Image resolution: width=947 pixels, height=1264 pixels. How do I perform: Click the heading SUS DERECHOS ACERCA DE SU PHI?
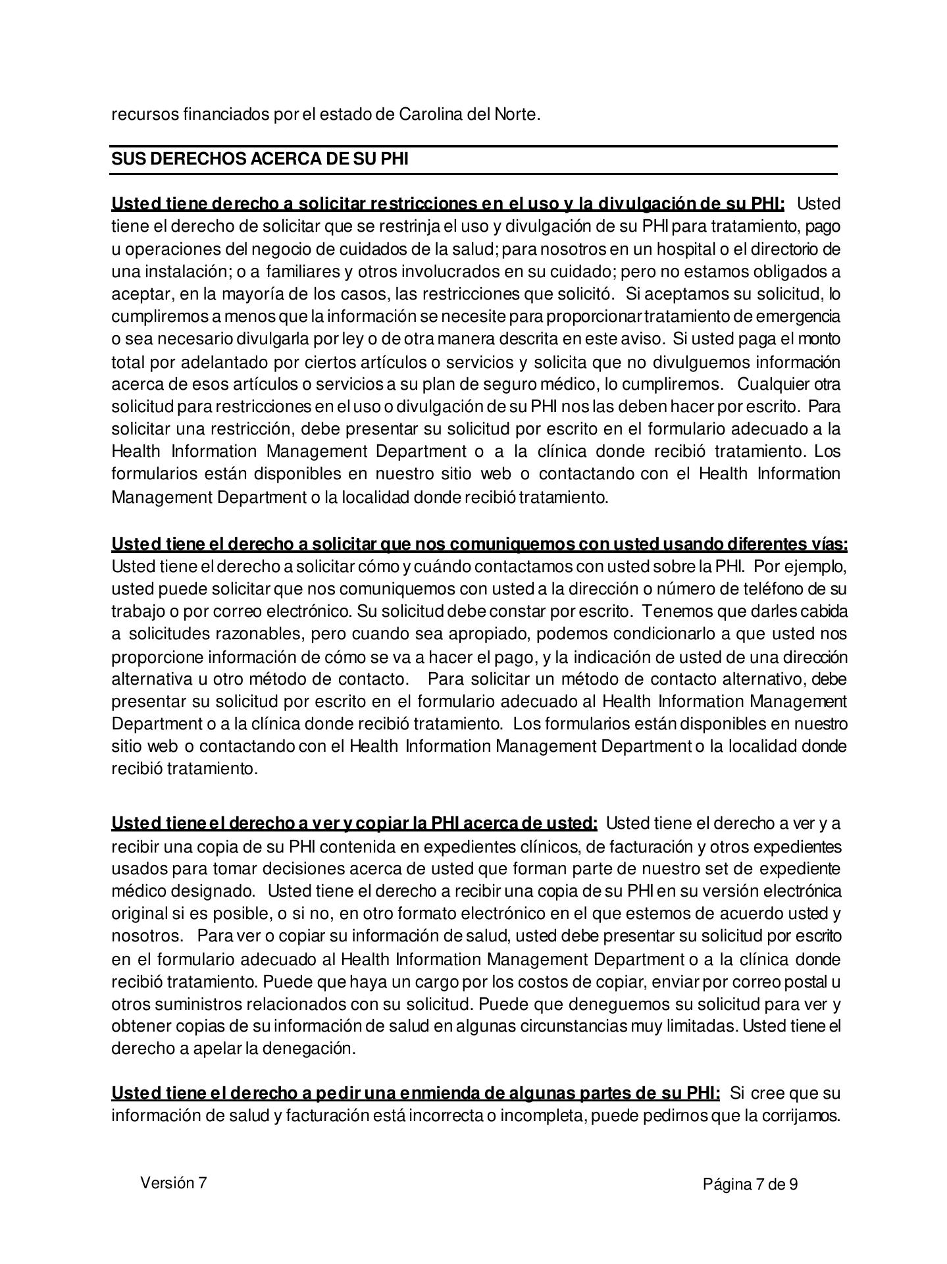click(259, 159)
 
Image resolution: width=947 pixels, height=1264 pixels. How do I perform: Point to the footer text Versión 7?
click(173, 1183)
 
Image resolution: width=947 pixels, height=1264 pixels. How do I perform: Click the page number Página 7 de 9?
click(750, 1185)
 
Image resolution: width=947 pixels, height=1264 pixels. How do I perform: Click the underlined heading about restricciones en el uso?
click(448, 203)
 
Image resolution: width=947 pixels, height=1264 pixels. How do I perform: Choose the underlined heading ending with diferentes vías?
click(479, 544)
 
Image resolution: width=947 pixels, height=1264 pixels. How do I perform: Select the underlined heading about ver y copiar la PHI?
click(354, 824)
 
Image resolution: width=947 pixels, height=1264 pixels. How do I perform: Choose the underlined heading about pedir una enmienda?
click(415, 1093)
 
